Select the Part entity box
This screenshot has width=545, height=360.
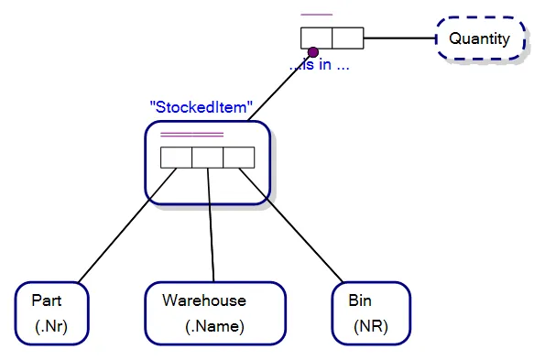[52, 313]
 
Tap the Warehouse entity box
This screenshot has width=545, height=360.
[215, 313]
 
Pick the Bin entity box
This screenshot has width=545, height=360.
[371, 313]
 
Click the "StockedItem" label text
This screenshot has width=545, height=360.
[201, 107]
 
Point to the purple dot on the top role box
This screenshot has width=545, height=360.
[312, 51]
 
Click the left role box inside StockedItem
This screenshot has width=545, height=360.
[176, 158]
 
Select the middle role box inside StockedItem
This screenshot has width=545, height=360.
[207, 158]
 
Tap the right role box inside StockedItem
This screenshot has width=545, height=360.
[238, 158]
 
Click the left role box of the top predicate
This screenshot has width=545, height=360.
[316, 38]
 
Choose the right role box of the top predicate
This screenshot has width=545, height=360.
[347, 38]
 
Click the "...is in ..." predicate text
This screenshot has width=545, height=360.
[320, 65]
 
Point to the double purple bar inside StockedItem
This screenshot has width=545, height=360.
[191, 136]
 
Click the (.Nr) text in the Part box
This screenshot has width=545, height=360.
[51, 326]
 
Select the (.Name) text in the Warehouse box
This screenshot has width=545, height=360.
[214, 326]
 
